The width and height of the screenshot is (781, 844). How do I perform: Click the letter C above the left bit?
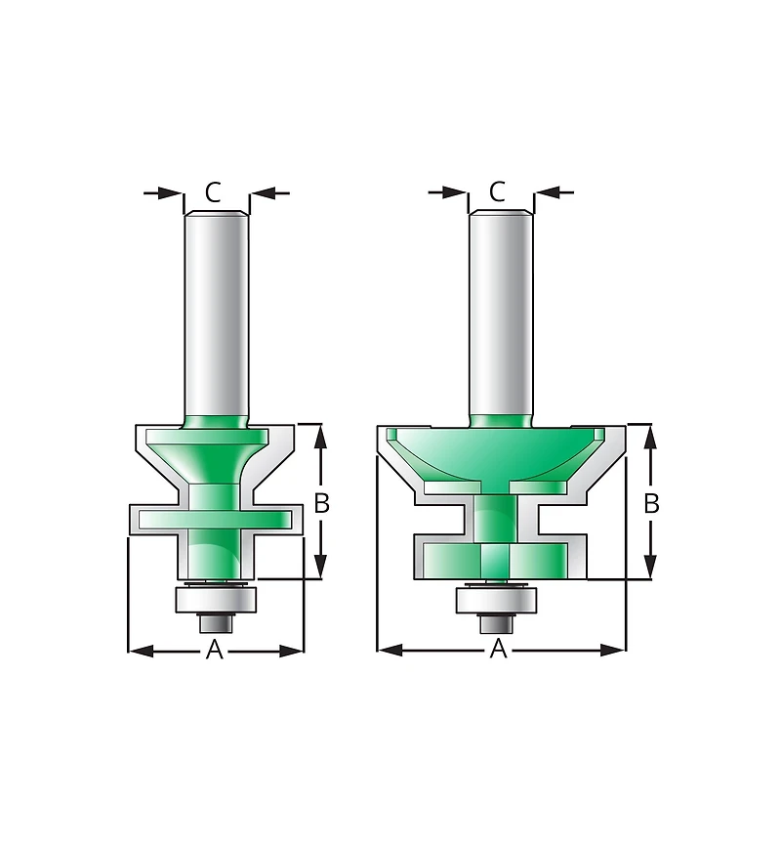[x=213, y=191]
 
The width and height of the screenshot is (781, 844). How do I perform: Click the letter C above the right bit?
[x=498, y=191]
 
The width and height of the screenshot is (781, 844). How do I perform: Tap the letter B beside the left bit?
[x=321, y=503]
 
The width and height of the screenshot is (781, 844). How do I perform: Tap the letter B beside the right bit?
[x=651, y=503]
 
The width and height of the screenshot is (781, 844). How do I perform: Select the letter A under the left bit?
[x=215, y=650]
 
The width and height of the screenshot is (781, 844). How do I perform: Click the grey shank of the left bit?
[x=216, y=314]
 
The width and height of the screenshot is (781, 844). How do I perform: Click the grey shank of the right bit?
[x=501, y=314]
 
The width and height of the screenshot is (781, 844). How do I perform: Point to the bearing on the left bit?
[x=216, y=599]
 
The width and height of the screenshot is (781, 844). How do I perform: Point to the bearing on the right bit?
[x=497, y=600]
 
